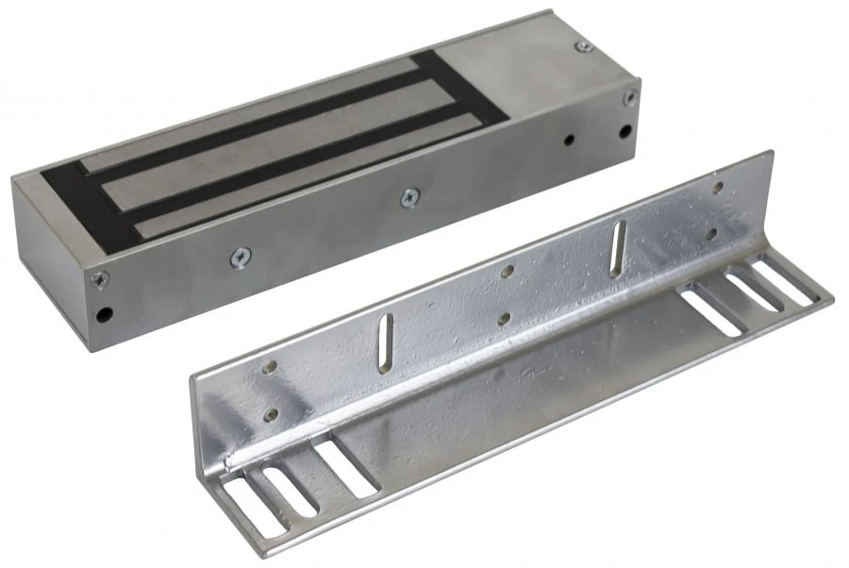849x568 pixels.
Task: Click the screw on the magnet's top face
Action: pos(584,45)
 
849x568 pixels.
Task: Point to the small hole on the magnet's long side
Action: pos(569,141)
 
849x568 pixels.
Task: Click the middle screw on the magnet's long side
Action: pos(408,196)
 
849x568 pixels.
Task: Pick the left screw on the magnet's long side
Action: pos(241,254)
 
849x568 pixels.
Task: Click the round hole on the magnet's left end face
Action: pos(105,312)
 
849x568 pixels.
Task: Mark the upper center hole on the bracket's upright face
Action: pos(508,271)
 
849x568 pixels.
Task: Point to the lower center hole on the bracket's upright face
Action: pos(507,318)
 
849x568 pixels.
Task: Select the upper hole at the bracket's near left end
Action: pos(271,367)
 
